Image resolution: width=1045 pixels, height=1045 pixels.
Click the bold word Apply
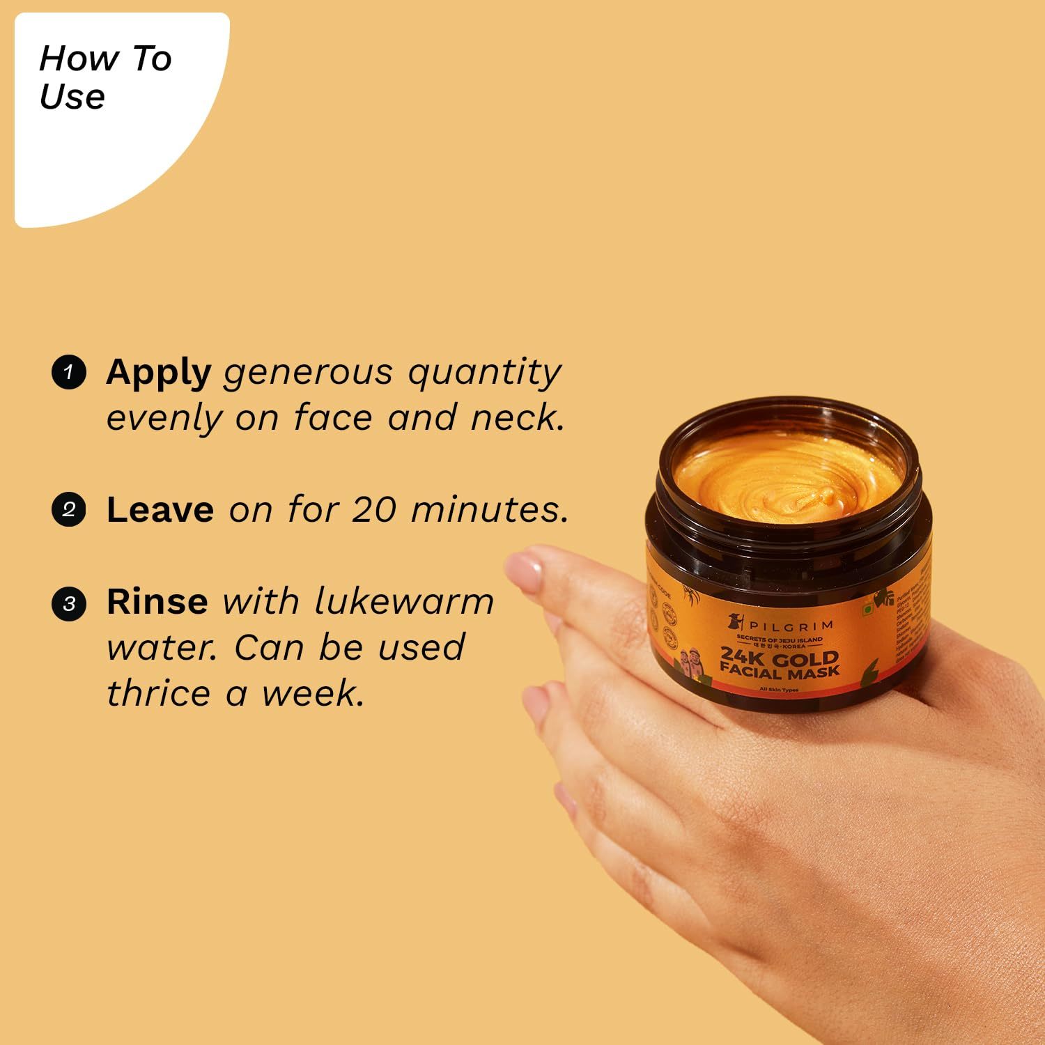click(x=158, y=373)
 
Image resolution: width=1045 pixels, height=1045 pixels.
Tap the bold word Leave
click(x=160, y=510)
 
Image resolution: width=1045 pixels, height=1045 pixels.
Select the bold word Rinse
click(x=157, y=602)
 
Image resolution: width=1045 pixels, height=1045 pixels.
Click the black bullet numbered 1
click(x=68, y=372)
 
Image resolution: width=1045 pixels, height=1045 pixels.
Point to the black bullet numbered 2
click(x=68, y=509)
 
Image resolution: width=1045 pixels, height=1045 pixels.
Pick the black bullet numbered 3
click(x=68, y=603)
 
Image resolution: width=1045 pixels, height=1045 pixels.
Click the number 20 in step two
click(x=374, y=510)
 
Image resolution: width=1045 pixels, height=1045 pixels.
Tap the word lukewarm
click(x=404, y=602)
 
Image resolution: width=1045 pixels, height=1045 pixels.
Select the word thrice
click(x=158, y=694)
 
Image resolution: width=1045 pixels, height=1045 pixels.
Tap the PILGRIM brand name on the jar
click(x=791, y=626)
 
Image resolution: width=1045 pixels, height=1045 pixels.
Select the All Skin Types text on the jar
click(x=779, y=690)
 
